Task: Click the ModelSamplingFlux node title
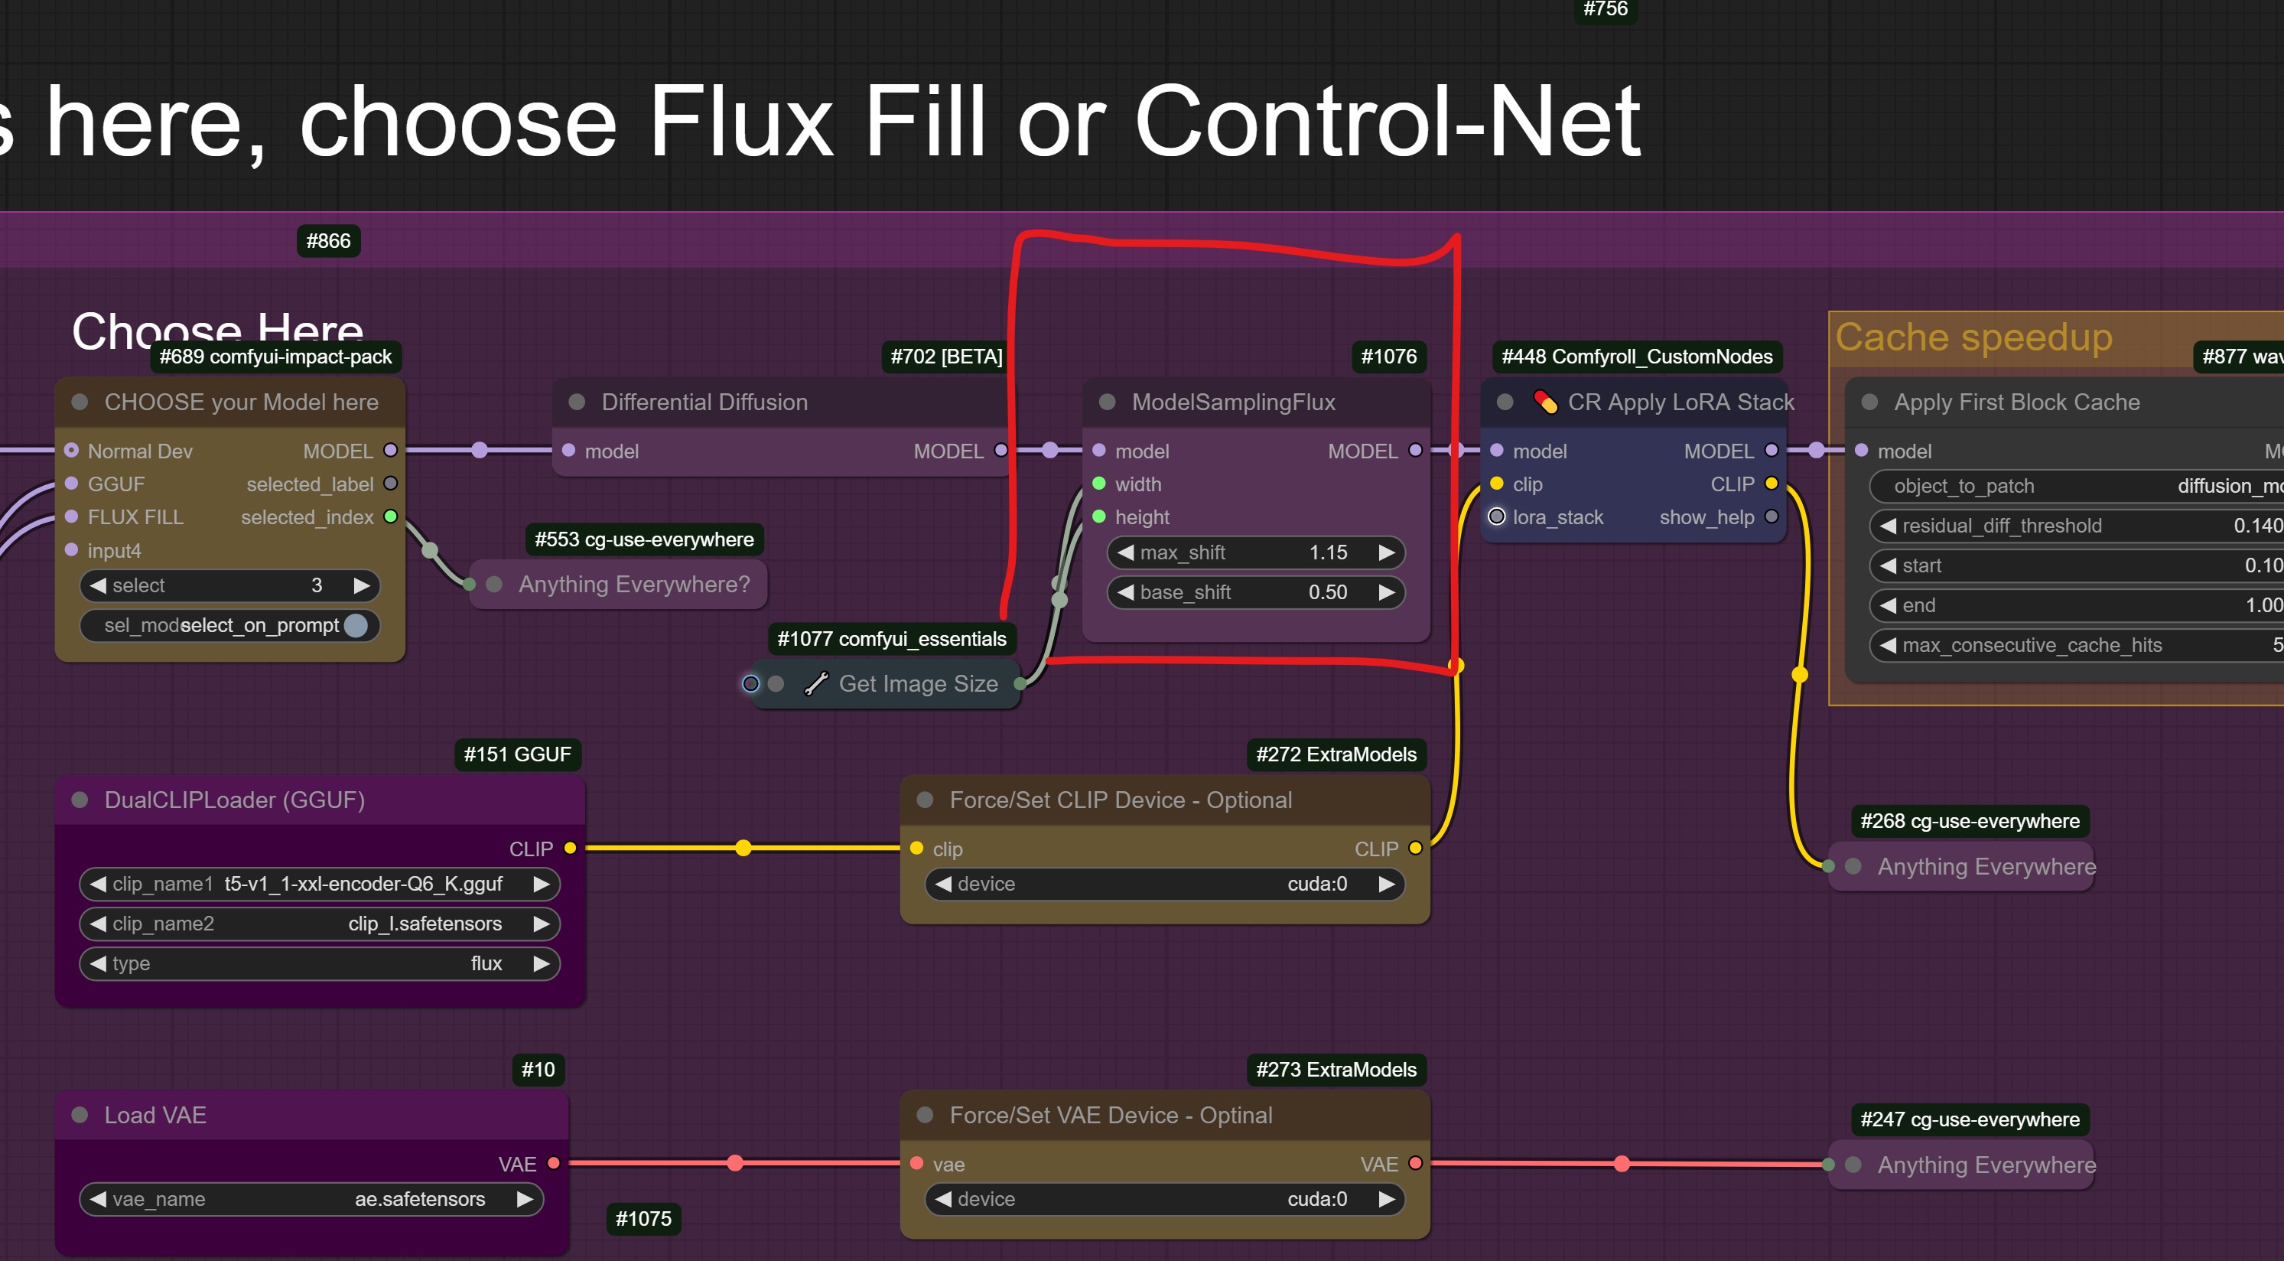coord(1232,402)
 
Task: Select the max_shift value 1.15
coord(1327,552)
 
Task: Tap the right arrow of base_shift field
coord(1386,592)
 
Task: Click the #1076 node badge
coord(1388,357)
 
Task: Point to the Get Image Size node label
coord(918,684)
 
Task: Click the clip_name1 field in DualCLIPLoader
coord(319,884)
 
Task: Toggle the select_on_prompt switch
coord(356,626)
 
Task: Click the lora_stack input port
coord(1497,517)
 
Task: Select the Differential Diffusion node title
coord(704,402)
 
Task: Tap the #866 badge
coord(328,241)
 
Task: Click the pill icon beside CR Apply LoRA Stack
coord(1545,402)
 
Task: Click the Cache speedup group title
coord(1973,338)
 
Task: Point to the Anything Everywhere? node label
coord(633,585)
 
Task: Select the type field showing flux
coord(319,963)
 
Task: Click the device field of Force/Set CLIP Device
coord(1163,884)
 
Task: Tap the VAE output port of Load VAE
coord(553,1164)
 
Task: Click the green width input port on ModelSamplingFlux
coord(1099,484)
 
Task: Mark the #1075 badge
coord(643,1218)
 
